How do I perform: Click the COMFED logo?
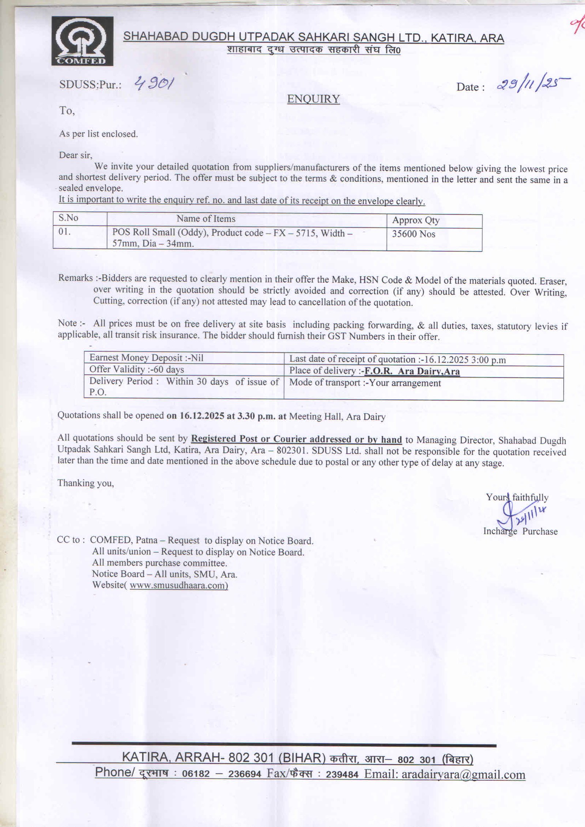(82, 41)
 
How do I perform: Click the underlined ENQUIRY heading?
(313, 99)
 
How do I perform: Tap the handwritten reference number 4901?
(154, 85)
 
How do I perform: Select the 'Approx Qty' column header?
(415, 220)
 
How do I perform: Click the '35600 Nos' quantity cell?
(414, 234)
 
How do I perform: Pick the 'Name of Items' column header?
(206, 219)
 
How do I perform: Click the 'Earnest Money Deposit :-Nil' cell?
(146, 358)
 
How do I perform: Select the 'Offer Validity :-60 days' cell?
(136, 369)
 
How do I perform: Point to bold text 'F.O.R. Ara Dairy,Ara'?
(412, 371)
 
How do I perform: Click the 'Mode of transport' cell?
(365, 383)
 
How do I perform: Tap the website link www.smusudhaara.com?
(178, 585)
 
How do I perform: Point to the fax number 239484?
(342, 775)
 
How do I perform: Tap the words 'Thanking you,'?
(86, 483)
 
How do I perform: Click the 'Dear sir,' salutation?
(76, 155)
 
